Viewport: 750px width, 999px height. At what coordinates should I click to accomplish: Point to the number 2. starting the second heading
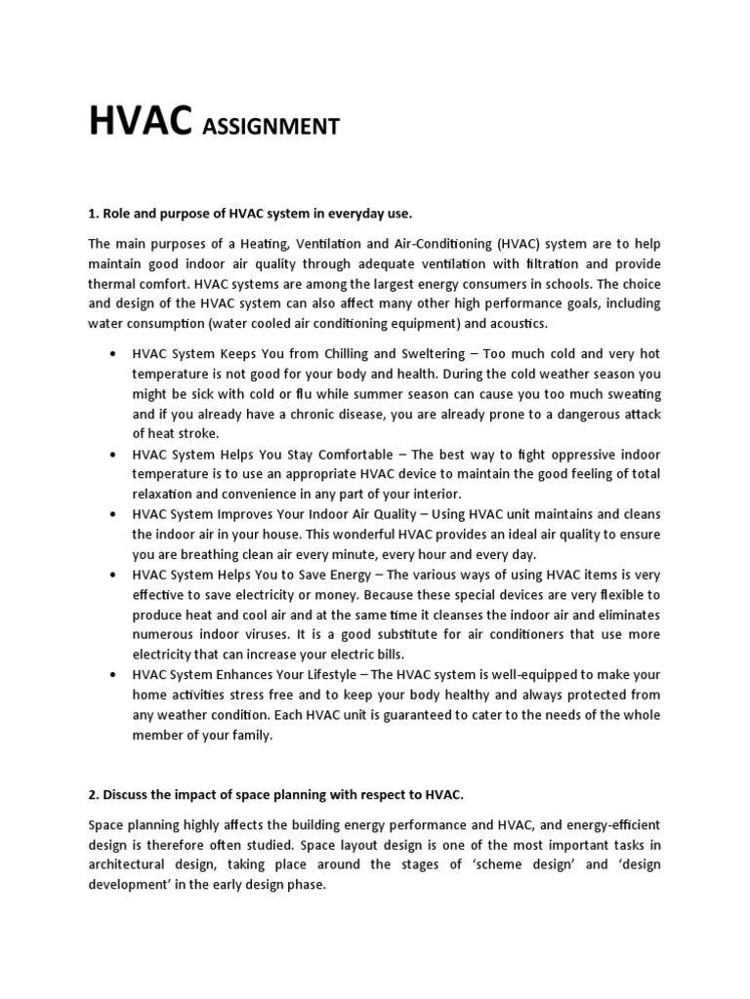pyautogui.click(x=94, y=795)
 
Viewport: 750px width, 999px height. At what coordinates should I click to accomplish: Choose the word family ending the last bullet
pyautogui.click(x=250, y=735)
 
